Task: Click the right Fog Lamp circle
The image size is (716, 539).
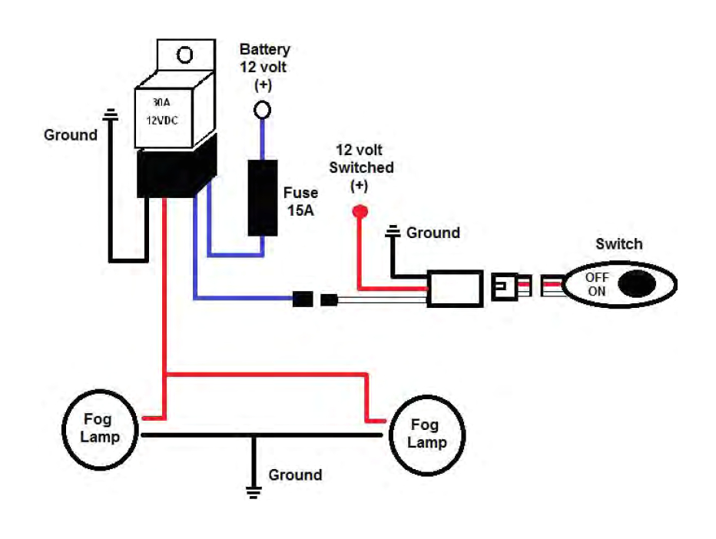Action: coord(427,434)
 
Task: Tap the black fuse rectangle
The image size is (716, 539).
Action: coord(262,197)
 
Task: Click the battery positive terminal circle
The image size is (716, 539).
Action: coord(262,111)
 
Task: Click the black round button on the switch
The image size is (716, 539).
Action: coord(638,283)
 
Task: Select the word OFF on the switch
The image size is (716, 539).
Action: coord(597,277)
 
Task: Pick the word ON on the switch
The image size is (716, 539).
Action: coord(596,291)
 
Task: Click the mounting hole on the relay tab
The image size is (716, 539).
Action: coord(184,55)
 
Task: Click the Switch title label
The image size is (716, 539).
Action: coord(618,244)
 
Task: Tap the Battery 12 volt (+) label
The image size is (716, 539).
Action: coord(264,66)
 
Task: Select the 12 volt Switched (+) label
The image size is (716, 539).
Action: coord(361,168)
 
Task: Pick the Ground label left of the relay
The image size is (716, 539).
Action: coord(71,135)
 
